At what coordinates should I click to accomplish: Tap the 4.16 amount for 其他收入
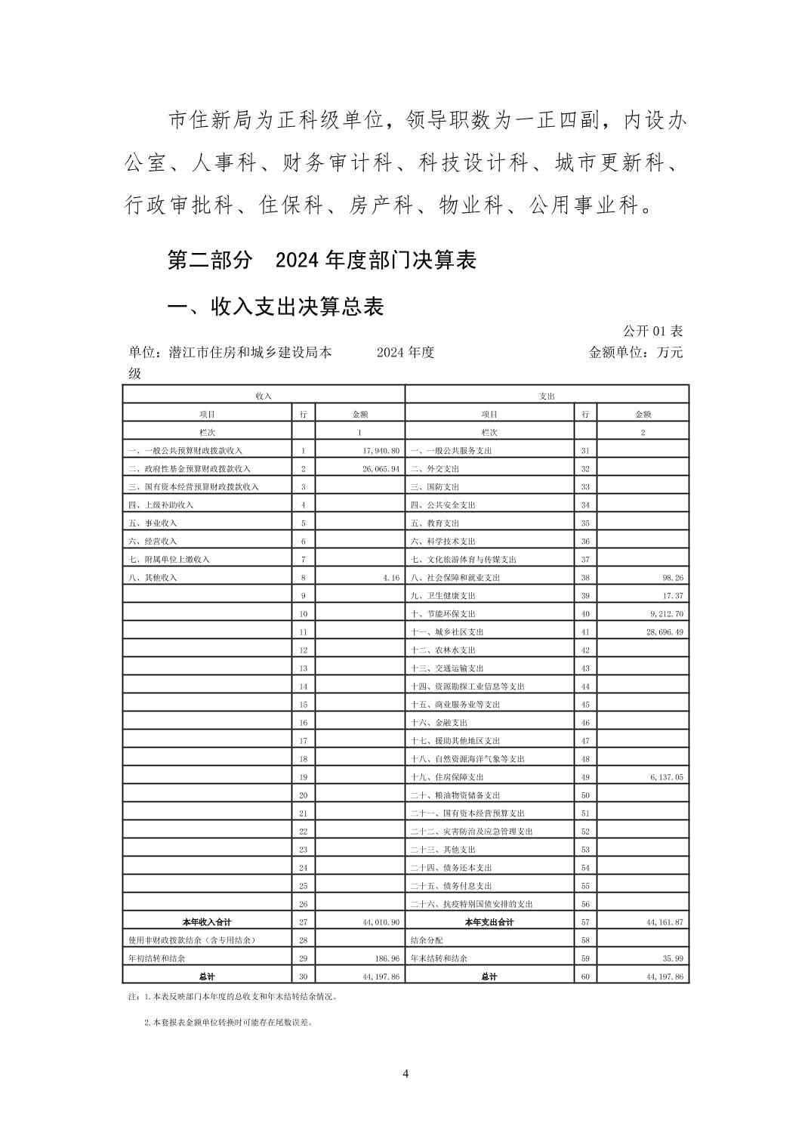pyautogui.click(x=391, y=578)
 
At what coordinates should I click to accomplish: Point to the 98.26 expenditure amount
pyautogui.click(x=672, y=578)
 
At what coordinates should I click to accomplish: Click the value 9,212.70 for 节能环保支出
pyautogui.click(x=665, y=614)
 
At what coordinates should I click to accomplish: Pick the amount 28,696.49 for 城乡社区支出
pyautogui.click(x=663, y=632)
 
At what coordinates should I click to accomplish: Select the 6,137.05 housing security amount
pyautogui.click(x=665, y=777)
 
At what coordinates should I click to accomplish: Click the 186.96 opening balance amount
pyautogui.click(x=385, y=958)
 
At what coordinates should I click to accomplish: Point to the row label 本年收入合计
pyautogui.click(x=207, y=922)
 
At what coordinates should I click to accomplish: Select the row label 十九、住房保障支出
pyautogui.click(x=447, y=777)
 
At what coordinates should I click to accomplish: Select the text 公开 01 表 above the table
pyautogui.click(x=652, y=331)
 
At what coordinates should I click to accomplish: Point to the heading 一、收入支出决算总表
pyautogui.click(x=276, y=306)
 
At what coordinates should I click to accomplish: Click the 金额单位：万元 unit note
pyautogui.click(x=635, y=352)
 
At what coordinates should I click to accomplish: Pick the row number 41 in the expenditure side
pyautogui.click(x=585, y=632)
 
